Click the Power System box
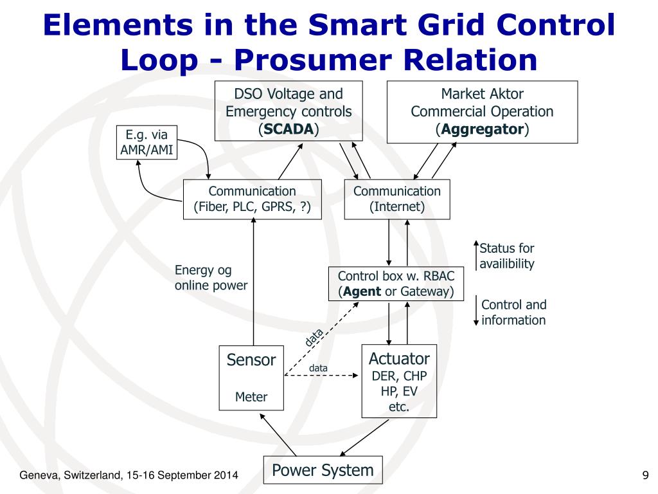[323, 470]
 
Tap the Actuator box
[398, 382]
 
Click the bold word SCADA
[289, 129]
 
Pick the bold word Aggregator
[482, 129]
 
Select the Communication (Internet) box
[397, 199]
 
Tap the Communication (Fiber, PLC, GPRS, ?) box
[252, 199]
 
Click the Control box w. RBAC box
[396, 284]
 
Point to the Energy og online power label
[211, 278]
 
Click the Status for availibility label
[507, 256]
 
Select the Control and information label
[513, 313]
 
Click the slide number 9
[645, 475]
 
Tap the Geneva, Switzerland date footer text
[129, 475]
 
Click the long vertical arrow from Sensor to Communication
[254, 283]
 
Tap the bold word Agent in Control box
[362, 291]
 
